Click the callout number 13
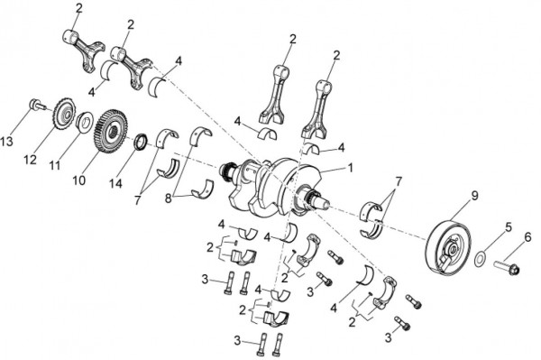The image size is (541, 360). coord(6,141)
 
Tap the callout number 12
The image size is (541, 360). coord(31,160)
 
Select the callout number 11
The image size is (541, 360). coord(55,165)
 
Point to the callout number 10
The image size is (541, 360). coord(79,180)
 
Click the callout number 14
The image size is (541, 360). coord(116,183)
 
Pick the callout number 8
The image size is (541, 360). coord(169,198)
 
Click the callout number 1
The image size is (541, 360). coord(351,168)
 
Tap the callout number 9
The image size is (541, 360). coord(475,196)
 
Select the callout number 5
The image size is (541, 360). coord(509,227)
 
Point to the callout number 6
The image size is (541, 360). coord(527,237)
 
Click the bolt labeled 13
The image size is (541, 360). coord(36,105)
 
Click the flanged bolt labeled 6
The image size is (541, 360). coord(507,268)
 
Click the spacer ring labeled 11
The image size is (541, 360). coord(84,121)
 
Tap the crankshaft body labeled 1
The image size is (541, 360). coord(272,187)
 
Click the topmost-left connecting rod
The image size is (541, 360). coord(84,50)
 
